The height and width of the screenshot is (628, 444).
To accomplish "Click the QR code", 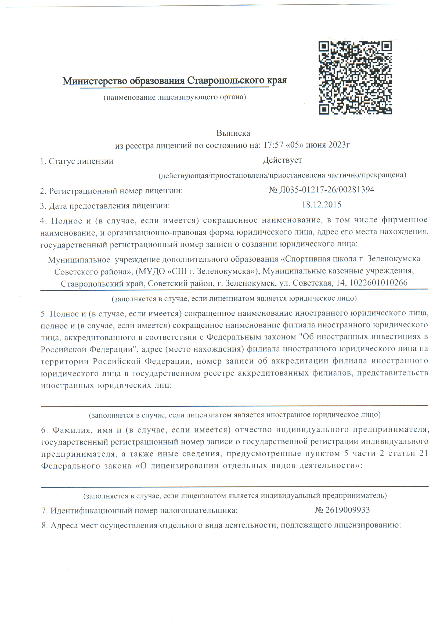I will [355, 77].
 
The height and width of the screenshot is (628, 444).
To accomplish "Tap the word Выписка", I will [233, 133].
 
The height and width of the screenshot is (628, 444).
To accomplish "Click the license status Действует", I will [282, 160].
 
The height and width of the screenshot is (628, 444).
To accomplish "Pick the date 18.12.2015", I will [322, 205].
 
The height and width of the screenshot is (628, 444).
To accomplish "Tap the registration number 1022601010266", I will [379, 283].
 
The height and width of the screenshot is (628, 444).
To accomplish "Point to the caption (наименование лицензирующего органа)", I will [175, 97].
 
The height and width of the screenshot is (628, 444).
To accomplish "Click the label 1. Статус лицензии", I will [77, 161].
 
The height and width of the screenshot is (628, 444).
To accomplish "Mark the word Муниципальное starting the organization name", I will [79, 259].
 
